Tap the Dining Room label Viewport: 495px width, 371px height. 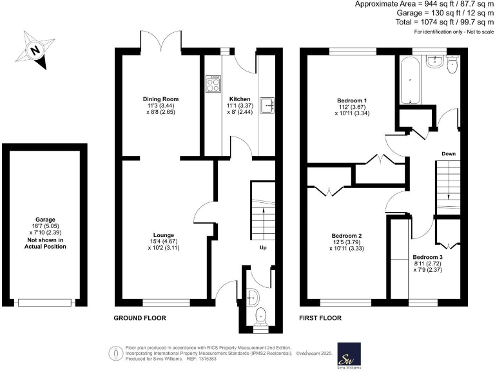158,99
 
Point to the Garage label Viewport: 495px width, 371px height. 44,218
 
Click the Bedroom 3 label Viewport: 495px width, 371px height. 427,256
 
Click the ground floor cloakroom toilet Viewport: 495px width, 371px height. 260,315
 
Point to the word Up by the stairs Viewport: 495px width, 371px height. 263,247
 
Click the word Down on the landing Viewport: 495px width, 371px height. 449,153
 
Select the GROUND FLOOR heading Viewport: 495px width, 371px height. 140,318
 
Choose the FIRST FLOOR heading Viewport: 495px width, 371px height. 320,318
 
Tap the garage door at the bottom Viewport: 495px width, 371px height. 44,301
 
